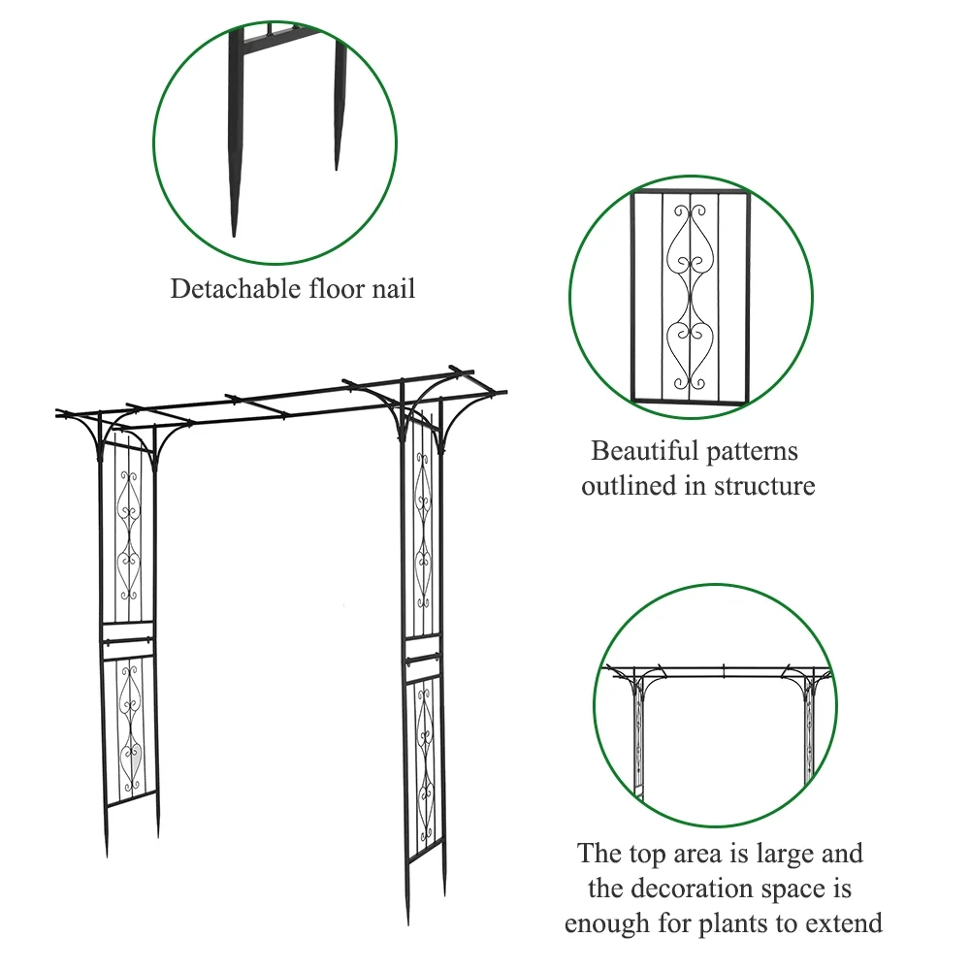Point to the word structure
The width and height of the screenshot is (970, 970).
[x=764, y=486]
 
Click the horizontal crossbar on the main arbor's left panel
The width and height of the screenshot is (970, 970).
[x=126, y=638]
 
